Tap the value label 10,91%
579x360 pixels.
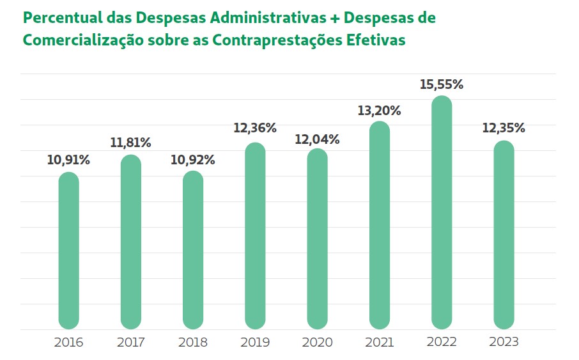[x=68, y=160]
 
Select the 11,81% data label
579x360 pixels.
[x=130, y=143]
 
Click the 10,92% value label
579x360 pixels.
[x=192, y=160]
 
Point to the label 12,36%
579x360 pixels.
[x=254, y=128]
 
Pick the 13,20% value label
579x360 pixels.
[x=379, y=111]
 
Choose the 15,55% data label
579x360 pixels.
[x=442, y=84]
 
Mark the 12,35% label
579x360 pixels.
[x=504, y=128]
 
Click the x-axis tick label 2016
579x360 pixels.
[x=68, y=342]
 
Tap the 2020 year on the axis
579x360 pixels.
[x=317, y=342]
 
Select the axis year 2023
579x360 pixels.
[x=504, y=342]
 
